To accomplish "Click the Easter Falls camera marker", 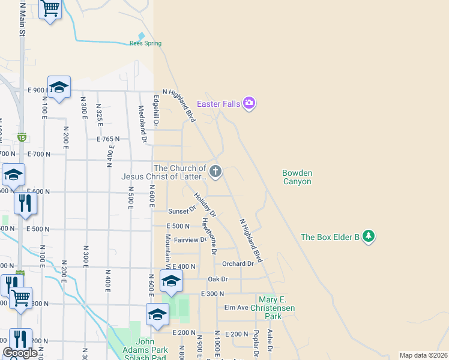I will click(x=249, y=103).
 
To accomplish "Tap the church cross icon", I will click(x=215, y=172).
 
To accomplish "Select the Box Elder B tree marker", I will click(x=369, y=236).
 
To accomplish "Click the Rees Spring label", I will click(x=145, y=43).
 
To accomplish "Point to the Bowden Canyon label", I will click(x=297, y=177).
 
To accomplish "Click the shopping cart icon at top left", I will click(x=50, y=8).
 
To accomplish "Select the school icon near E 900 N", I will click(x=59, y=88).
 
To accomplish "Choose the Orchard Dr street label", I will click(x=238, y=264).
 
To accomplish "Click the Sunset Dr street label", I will click(x=182, y=211).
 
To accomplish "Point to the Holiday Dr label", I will click(x=205, y=204).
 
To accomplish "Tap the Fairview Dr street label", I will click(x=190, y=240).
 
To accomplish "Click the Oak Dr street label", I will click(x=218, y=279).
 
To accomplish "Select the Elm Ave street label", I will click(x=236, y=307).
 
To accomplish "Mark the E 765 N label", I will click(x=108, y=139).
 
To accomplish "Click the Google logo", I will click(x=20, y=353).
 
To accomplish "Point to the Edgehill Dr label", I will click(x=155, y=111).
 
